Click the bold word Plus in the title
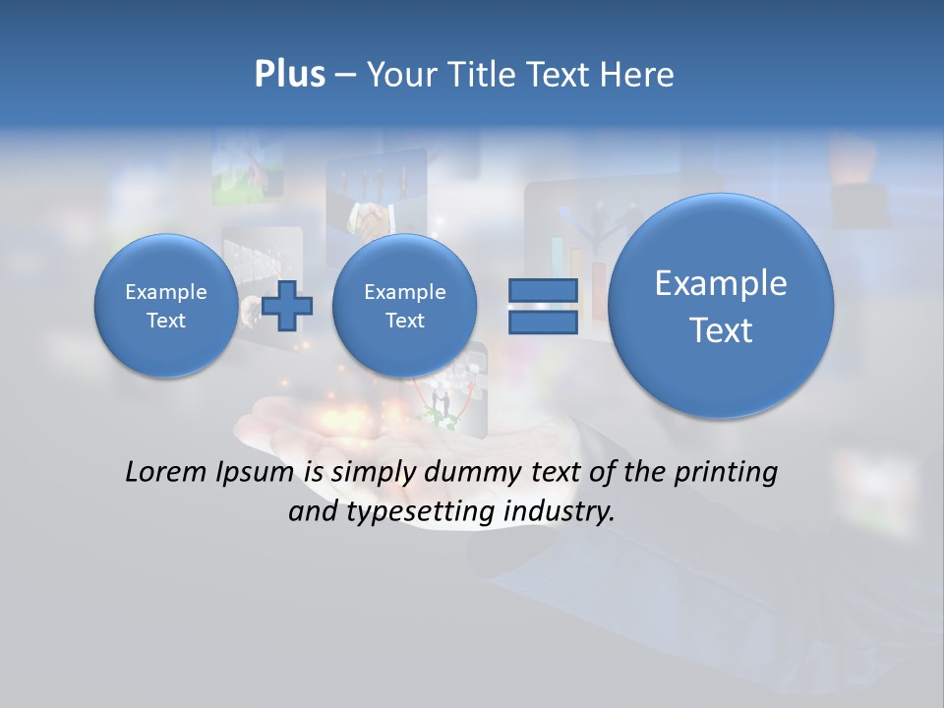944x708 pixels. click(x=289, y=75)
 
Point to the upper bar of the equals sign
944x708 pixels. click(x=542, y=290)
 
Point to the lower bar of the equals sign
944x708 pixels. click(x=542, y=322)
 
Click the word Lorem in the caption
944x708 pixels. click(x=167, y=472)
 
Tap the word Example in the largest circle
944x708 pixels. click(x=721, y=283)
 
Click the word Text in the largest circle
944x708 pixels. click(x=721, y=330)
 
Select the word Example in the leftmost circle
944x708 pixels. click(x=166, y=292)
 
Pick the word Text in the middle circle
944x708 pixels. click(x=404, y=321)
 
